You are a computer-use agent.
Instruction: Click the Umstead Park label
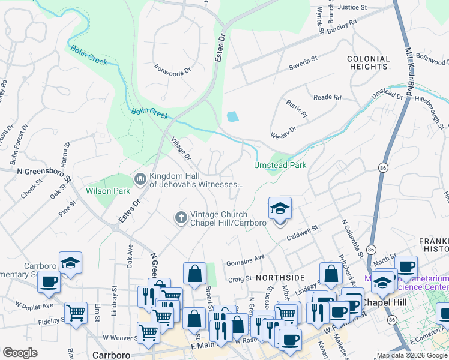(x=280, y=165)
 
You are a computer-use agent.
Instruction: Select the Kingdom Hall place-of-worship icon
(x=140, y=179)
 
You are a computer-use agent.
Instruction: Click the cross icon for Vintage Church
(x=181, y=217)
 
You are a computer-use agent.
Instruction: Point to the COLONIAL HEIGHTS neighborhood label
(x=368, y=63)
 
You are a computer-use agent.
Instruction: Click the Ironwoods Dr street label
(x=172, y=70)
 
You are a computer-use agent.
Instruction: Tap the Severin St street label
(x=303, y=62)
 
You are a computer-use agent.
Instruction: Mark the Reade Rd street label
(x=327, y=97)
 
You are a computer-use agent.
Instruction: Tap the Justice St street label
(x=352, y=8)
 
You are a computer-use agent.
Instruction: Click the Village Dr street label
(x=180, y=148)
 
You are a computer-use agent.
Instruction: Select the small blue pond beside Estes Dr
(x=232, y=116)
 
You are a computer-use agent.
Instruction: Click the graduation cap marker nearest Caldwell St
(x=280, y=209)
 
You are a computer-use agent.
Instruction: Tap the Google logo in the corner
(x=20, y=353)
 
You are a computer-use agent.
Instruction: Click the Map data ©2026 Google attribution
(x=411, y=355)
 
